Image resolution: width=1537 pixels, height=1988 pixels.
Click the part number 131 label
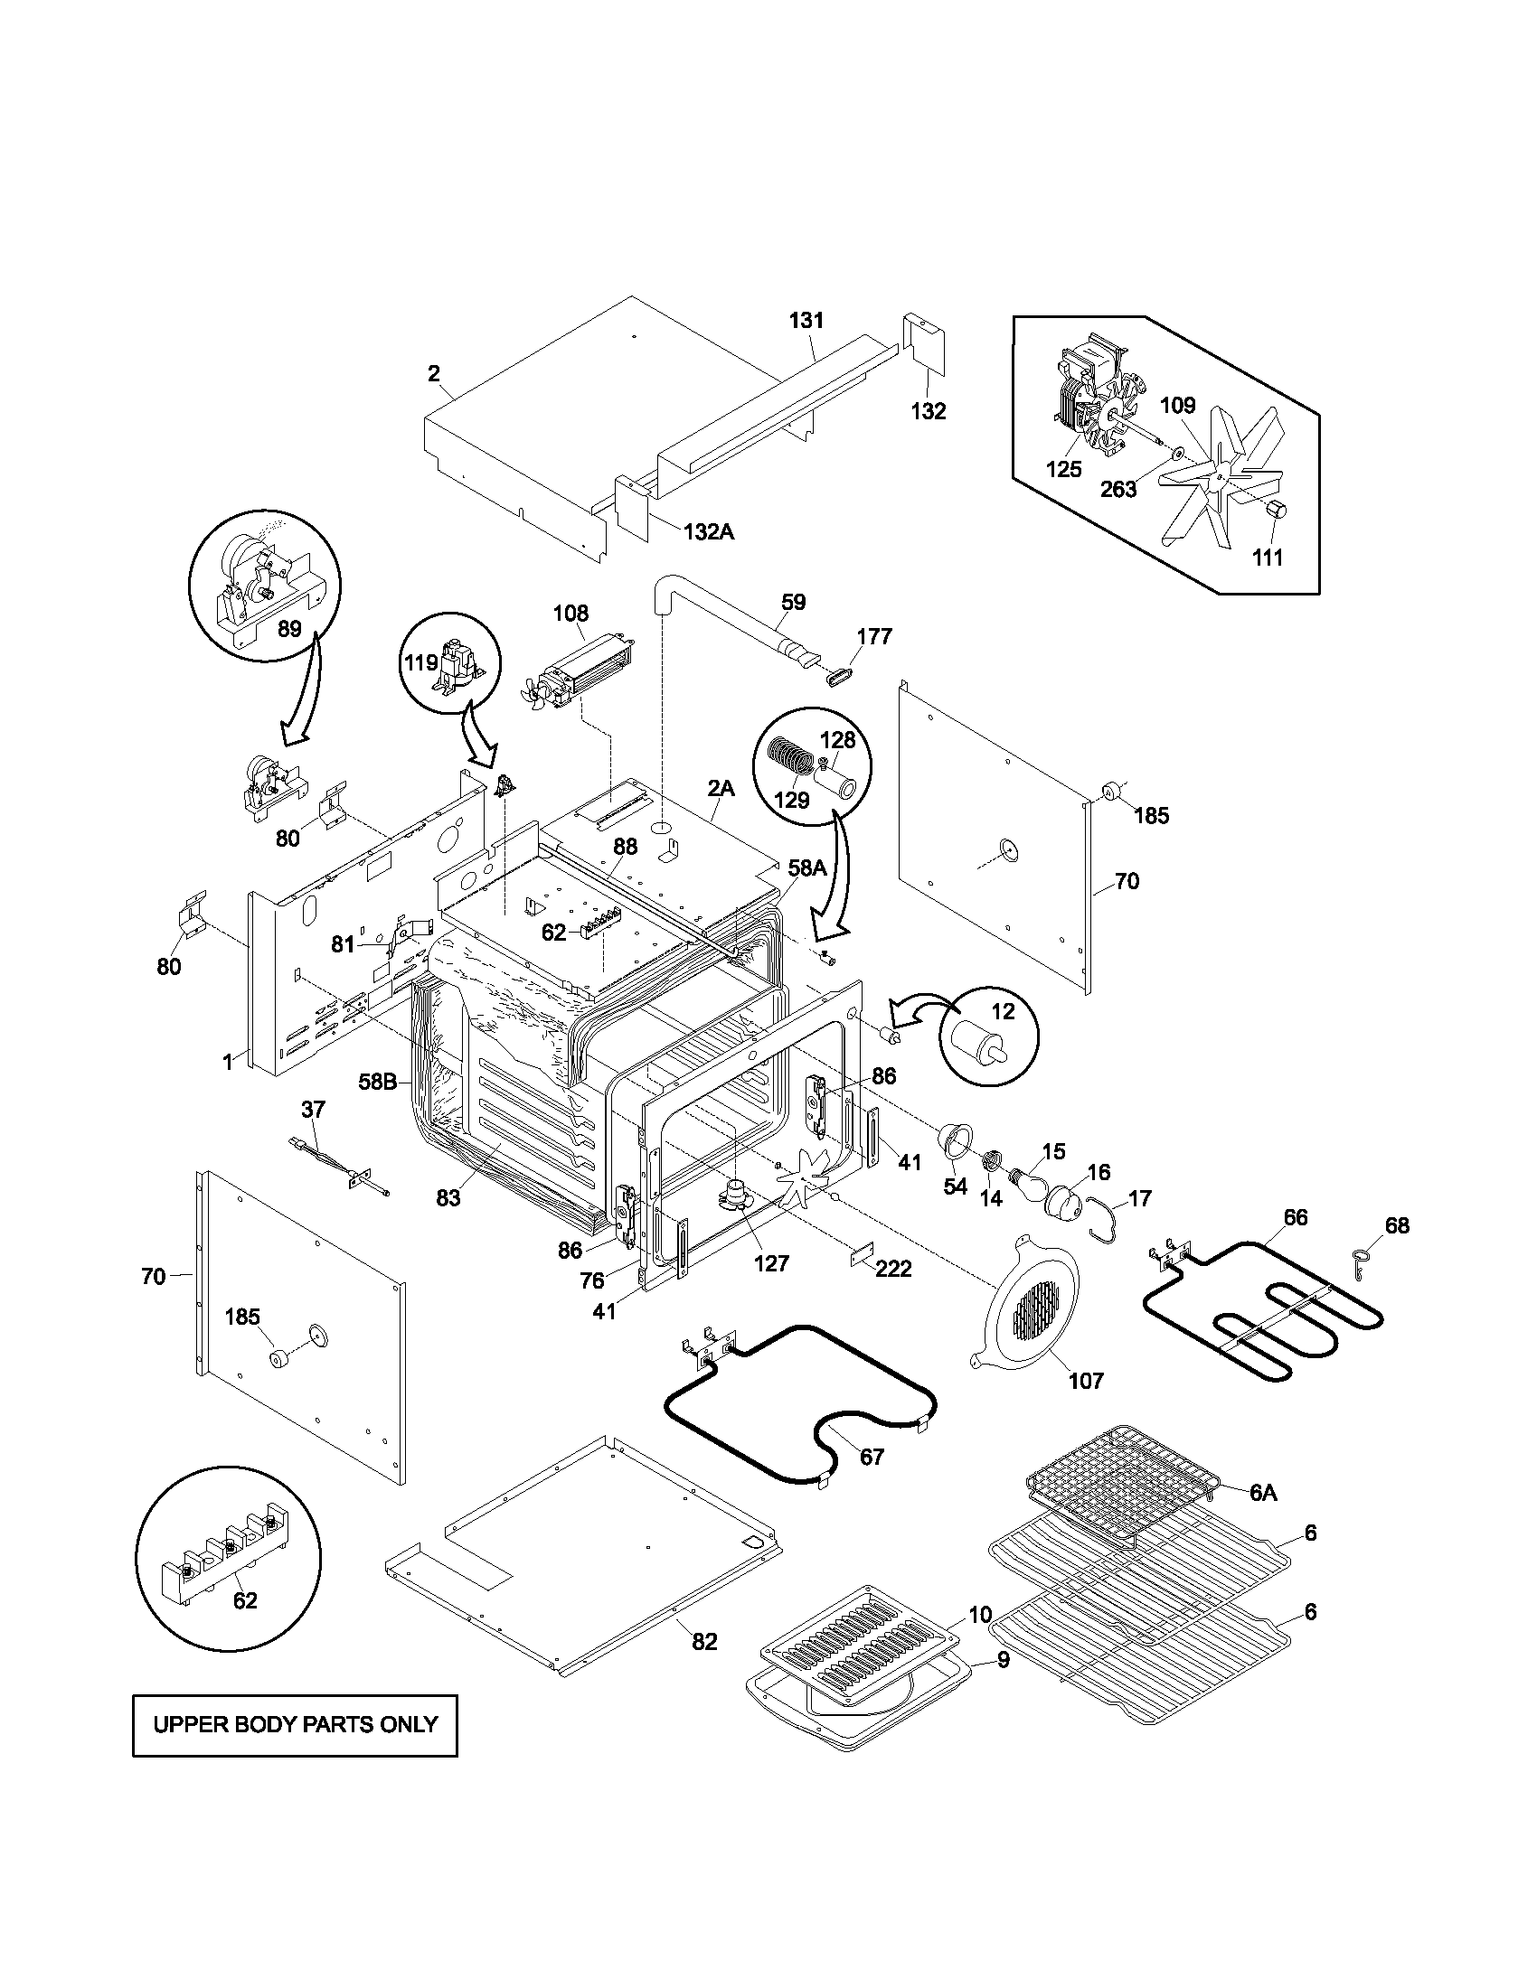click(x=806, y=320)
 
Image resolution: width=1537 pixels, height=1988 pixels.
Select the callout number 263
click(x=1118, y=489)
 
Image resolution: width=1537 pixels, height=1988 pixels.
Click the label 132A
click(x=708, y=531)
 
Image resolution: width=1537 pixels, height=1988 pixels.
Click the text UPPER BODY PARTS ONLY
click(x=295, y=1724)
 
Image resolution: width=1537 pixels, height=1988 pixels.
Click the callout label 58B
click(x=376, y=1083)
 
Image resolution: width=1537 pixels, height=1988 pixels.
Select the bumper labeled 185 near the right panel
click(x=1114, y=790)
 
